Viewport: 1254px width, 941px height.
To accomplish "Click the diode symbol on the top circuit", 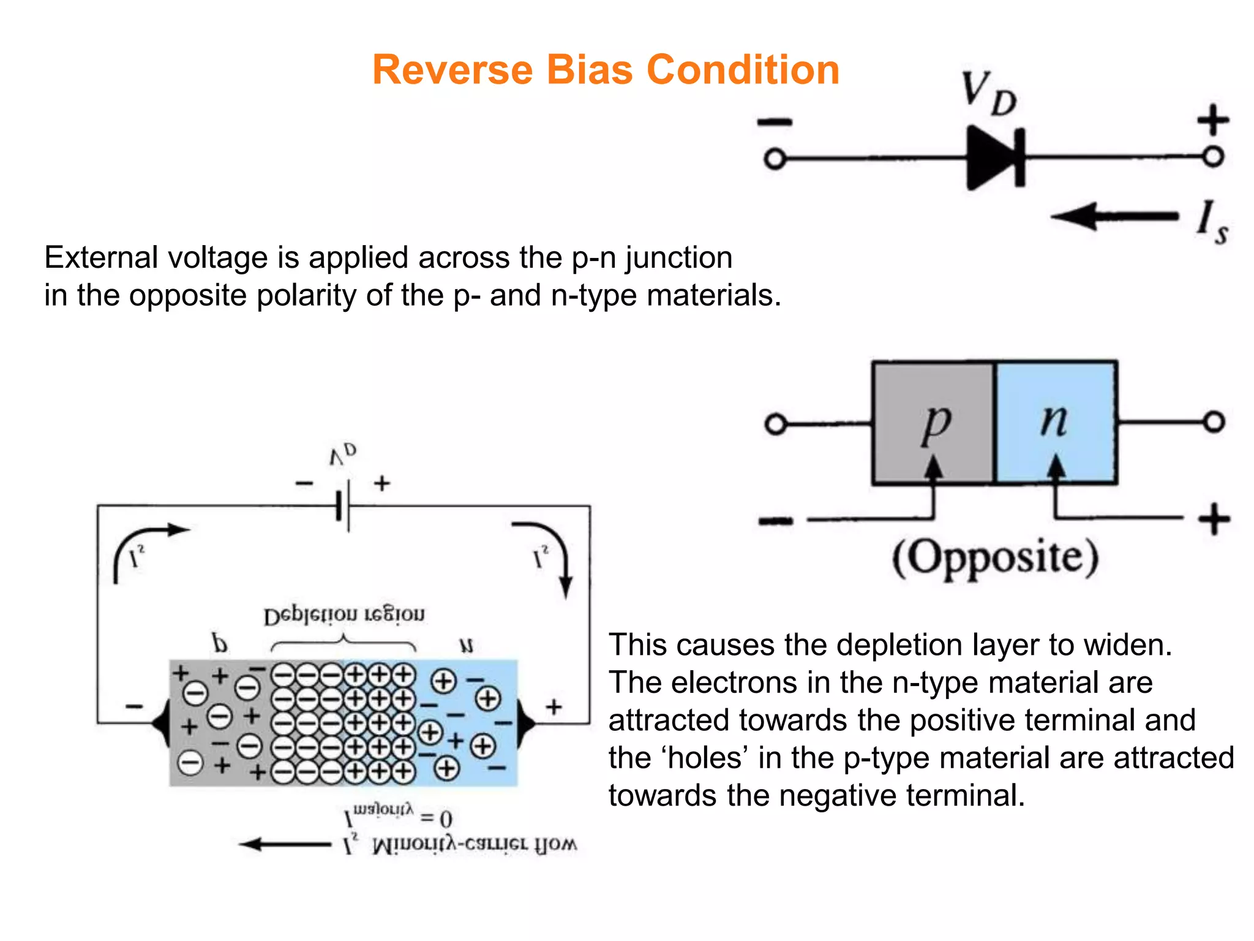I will (x=994, y=158).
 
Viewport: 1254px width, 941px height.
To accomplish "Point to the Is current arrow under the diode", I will (x=1114, y=216).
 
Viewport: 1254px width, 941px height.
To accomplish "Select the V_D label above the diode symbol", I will (x=987, y=93).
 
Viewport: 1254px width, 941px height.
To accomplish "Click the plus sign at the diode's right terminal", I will (x=1213, y=119).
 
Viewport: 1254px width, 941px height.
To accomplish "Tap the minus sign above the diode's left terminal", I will (x=775, y=123).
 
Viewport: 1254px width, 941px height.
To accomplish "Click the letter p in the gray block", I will (x=936, y=423).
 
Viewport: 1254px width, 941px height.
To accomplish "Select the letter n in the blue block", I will (x=1054, y=421).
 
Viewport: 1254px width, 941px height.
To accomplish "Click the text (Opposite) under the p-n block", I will (x=995, y=557).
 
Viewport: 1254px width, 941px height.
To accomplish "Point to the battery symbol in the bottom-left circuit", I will (x=344, y=507).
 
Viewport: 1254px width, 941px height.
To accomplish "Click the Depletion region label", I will (x=344, y=615).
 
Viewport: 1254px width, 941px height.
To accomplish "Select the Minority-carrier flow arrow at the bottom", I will (x=285, y=845).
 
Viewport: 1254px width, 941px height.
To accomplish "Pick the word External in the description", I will (x=100, y=257).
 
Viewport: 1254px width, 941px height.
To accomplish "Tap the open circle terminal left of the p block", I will (x=776, y=424).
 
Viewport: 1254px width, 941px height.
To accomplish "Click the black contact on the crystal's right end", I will (x=525, y=724).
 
